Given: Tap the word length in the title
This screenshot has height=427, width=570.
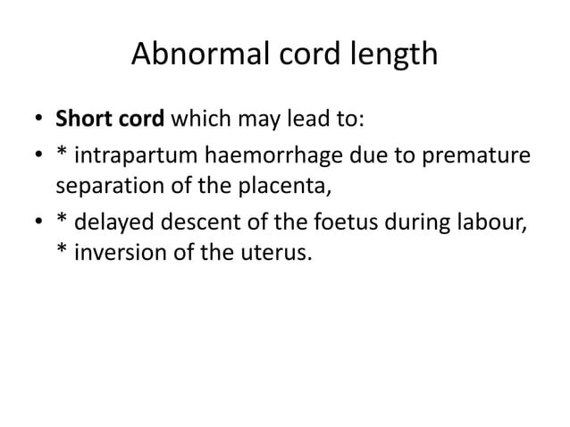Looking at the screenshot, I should coord(390,54).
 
